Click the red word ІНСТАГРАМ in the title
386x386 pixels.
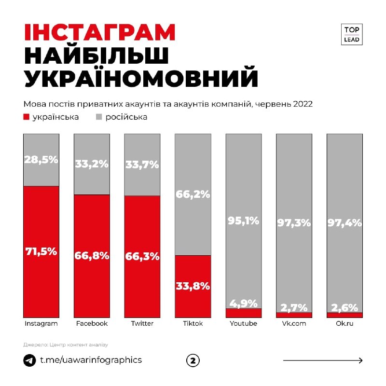pyautogui.click(x=100, y=33)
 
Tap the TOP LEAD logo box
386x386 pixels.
pyautogui.click(x=352, y=34)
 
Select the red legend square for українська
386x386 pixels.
pyautogui.click(x=27, y=117)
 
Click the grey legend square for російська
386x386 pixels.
pyautogui.click(x=99, y=117)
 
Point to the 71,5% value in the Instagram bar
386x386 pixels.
pyautogui.click(x=41, y=251)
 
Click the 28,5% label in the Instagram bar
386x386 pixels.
pyautogui.click(x=41, y=160)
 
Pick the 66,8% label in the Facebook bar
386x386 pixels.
pyautogui.click(x=92, y=256)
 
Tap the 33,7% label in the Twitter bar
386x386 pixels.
pyautogui.click(x=142, y=165)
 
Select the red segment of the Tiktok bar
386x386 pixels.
pyautogui.click(x=193, y=286)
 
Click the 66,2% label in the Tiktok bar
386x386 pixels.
pyautogui.click(x=193, y=195)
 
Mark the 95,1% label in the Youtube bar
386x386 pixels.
pyautogui.click(x=243, y=221)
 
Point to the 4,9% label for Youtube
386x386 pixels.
pyautogui.click(x=243, y=303)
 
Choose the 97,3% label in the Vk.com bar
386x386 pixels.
pyautogui.click(x=294, y=223)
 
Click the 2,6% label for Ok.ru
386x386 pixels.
pyautogui.click(x=344, y=307)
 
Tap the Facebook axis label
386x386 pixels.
pyautogui.click(x=92, y=324)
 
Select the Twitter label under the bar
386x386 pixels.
pyautogui.click(x=142, y=324)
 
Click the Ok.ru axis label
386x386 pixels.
pyautogui.click(x=344, y=324)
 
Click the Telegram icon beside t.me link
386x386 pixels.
pyautogui.click(x=29, y=360)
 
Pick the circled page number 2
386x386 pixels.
pyautogui.click(x=193, y=360)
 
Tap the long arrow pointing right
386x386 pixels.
pyautogui.click(x=323, y=360)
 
